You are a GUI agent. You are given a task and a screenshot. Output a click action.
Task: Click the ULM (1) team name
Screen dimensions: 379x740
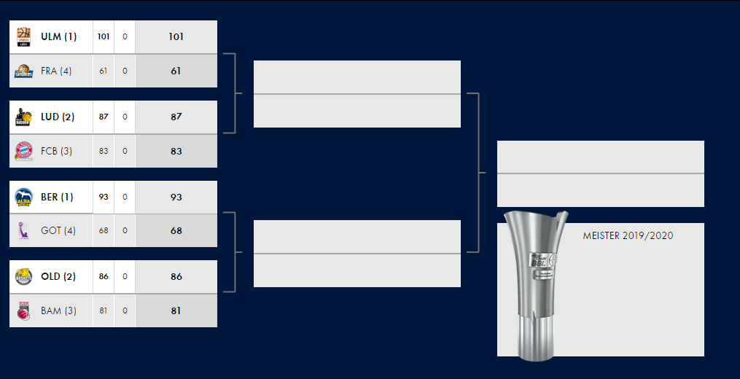(x=58, y=36)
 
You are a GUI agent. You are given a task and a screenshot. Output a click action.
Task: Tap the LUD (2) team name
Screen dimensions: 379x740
(x=58, y=117)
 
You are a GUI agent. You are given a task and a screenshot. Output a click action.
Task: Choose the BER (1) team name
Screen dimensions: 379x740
(x=57, y=197)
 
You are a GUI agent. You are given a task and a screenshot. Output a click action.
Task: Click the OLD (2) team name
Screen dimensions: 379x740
(x=58, y=276)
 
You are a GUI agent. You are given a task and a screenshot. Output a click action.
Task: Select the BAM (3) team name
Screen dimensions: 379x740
(x=58, y=310)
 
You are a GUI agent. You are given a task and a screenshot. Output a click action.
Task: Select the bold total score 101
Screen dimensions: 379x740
(x=176, y=36)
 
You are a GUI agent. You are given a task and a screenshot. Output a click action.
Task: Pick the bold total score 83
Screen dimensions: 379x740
(x=176, y=151)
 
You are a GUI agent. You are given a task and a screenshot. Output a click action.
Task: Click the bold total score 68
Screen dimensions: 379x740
(x=176, y=230)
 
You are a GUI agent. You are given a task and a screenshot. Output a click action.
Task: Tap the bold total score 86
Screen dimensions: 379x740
(x=176, y=276)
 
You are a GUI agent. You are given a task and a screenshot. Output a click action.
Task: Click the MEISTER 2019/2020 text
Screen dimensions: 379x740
(x=628, y=236)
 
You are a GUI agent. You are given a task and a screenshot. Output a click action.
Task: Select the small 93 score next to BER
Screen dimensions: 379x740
(x=104, y=197)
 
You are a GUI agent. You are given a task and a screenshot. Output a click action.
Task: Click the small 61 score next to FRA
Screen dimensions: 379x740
(x=104, y=71)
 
